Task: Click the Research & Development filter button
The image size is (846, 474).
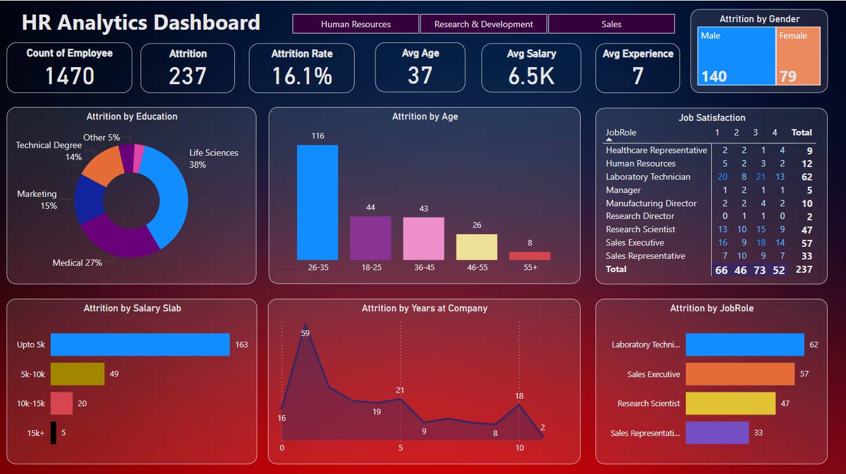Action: [484, 24]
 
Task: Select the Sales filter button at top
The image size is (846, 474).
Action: [611, 24]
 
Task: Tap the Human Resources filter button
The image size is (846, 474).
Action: [356, 24]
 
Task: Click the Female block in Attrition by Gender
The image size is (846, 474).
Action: [798, 56]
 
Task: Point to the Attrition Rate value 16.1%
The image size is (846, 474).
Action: [302, 76]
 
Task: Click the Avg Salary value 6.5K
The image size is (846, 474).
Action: [531, 76]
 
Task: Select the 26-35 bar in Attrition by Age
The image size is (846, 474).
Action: [317, 203]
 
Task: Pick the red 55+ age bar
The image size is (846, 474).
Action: [529, 256]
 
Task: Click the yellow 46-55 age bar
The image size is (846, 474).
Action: [476, 247]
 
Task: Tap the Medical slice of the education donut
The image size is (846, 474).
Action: [120, 237]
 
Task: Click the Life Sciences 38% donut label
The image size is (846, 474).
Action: [213, 158]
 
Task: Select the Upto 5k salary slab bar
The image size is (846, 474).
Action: [140, 345]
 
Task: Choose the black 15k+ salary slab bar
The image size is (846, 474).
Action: [53, 433]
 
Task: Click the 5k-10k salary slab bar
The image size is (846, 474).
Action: [77, 374]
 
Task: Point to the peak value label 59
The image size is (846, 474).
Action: [305, 333]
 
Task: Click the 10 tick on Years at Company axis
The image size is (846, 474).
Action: [519, 448]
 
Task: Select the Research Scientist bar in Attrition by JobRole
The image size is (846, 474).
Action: [730, 403]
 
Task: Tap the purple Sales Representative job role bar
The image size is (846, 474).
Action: [717, 433]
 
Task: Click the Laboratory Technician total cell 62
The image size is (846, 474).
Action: [807, 177]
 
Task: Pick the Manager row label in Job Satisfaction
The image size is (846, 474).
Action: [623, 190]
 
